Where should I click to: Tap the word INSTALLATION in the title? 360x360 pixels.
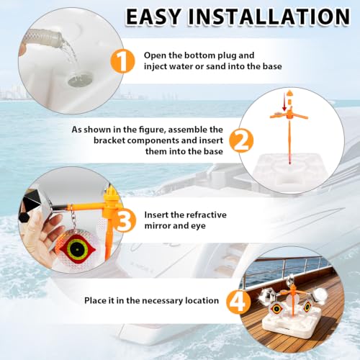tap(269, 17)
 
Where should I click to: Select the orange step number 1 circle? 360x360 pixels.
tap(122, 61)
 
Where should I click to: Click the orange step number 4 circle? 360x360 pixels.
tap(238, 301)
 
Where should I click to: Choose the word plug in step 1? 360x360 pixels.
tap(228, 55)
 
